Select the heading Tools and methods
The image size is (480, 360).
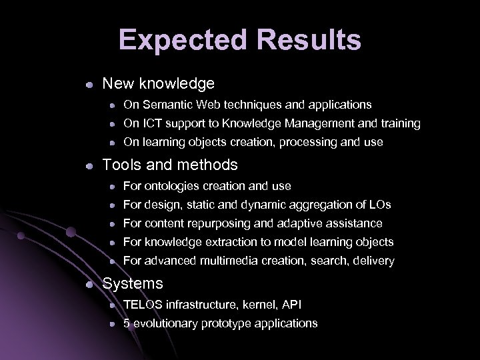(169, 164)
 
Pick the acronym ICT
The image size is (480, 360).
(151, 123)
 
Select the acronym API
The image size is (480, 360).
(291, 305)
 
